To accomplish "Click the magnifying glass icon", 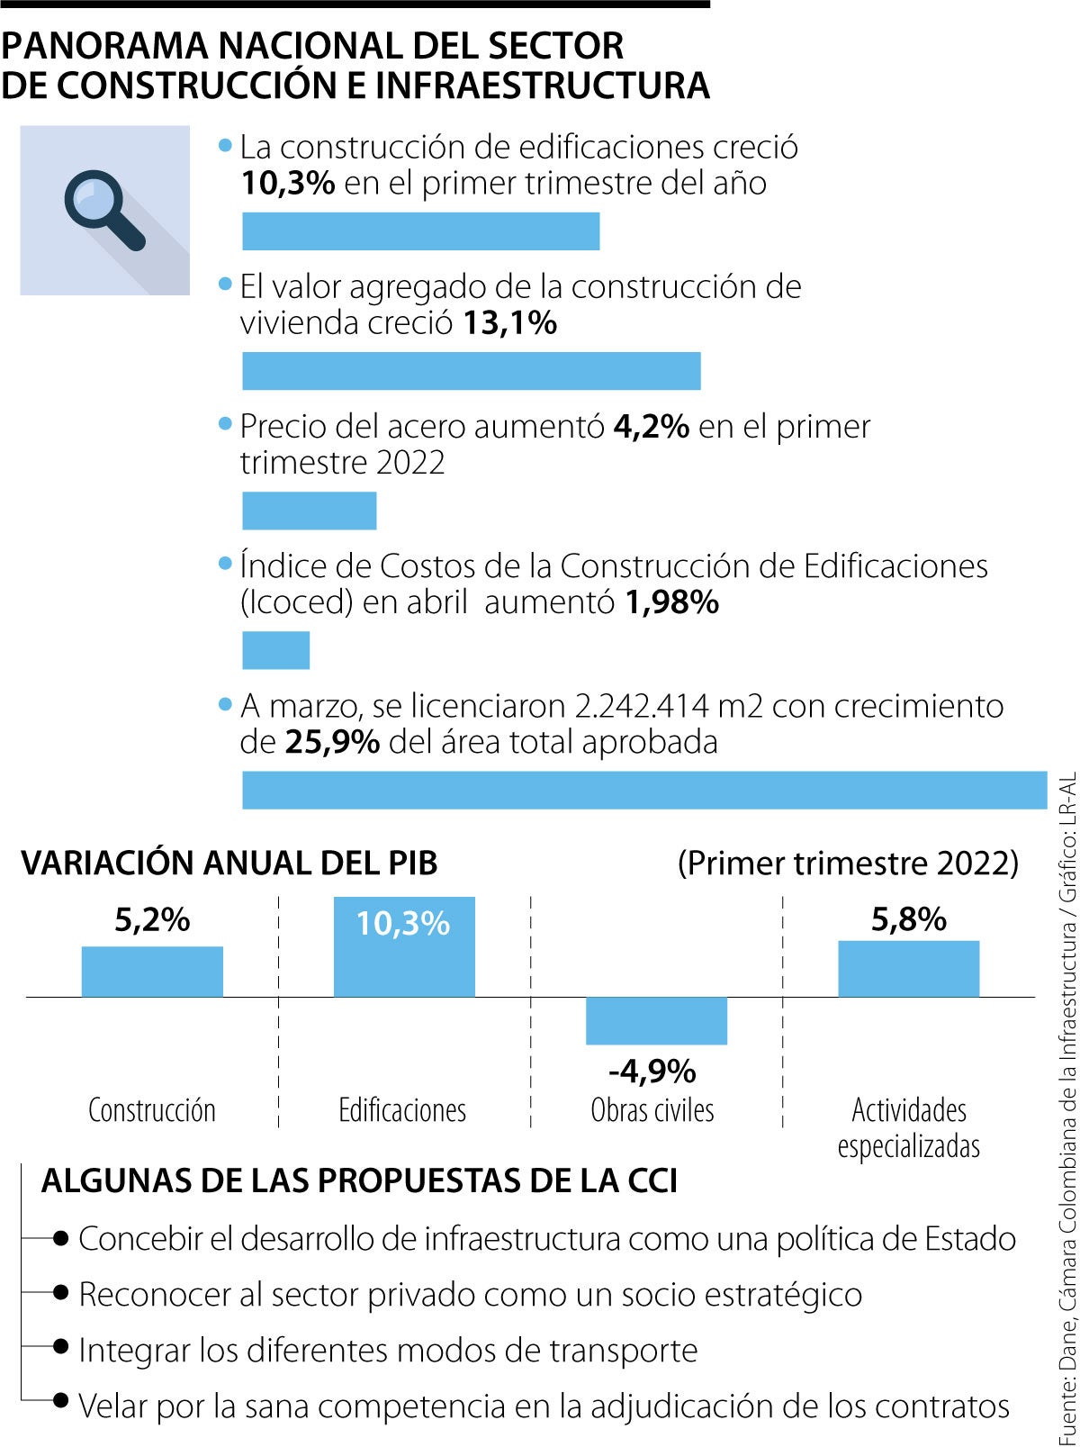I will [x=103, y=211].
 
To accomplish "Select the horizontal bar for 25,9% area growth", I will [x=644, y=790].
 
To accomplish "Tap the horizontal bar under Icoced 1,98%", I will [x=275, y=650].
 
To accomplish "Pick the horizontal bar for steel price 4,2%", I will [x=309, y=511].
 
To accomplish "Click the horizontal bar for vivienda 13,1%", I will [x=471, y=371].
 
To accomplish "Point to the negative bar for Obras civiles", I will [x=656, y=1020].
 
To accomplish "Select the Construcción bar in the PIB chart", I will [x=152, y=972].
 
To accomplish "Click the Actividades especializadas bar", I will [x=908, y=969].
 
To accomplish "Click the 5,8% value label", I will [x=908, y=919].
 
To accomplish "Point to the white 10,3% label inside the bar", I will [x=402, y=924].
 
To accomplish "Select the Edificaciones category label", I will [x=402, y=1110].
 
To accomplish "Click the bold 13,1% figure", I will [x=510, y=322].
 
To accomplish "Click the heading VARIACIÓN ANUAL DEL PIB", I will [x=229, y=863].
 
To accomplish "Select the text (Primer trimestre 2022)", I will [x=848, y=863].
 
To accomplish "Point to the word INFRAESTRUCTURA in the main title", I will [x=543, y=85].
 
